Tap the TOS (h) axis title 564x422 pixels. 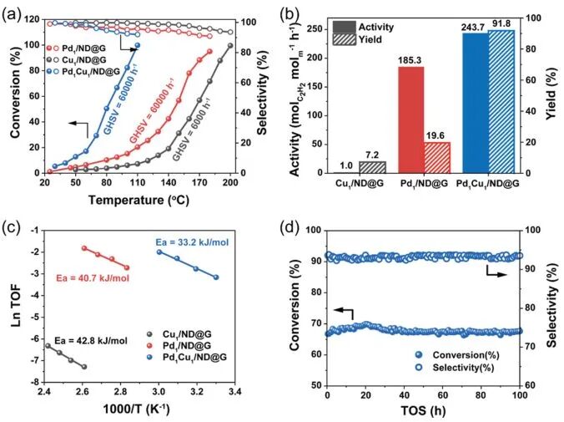(x=424, y=413)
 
